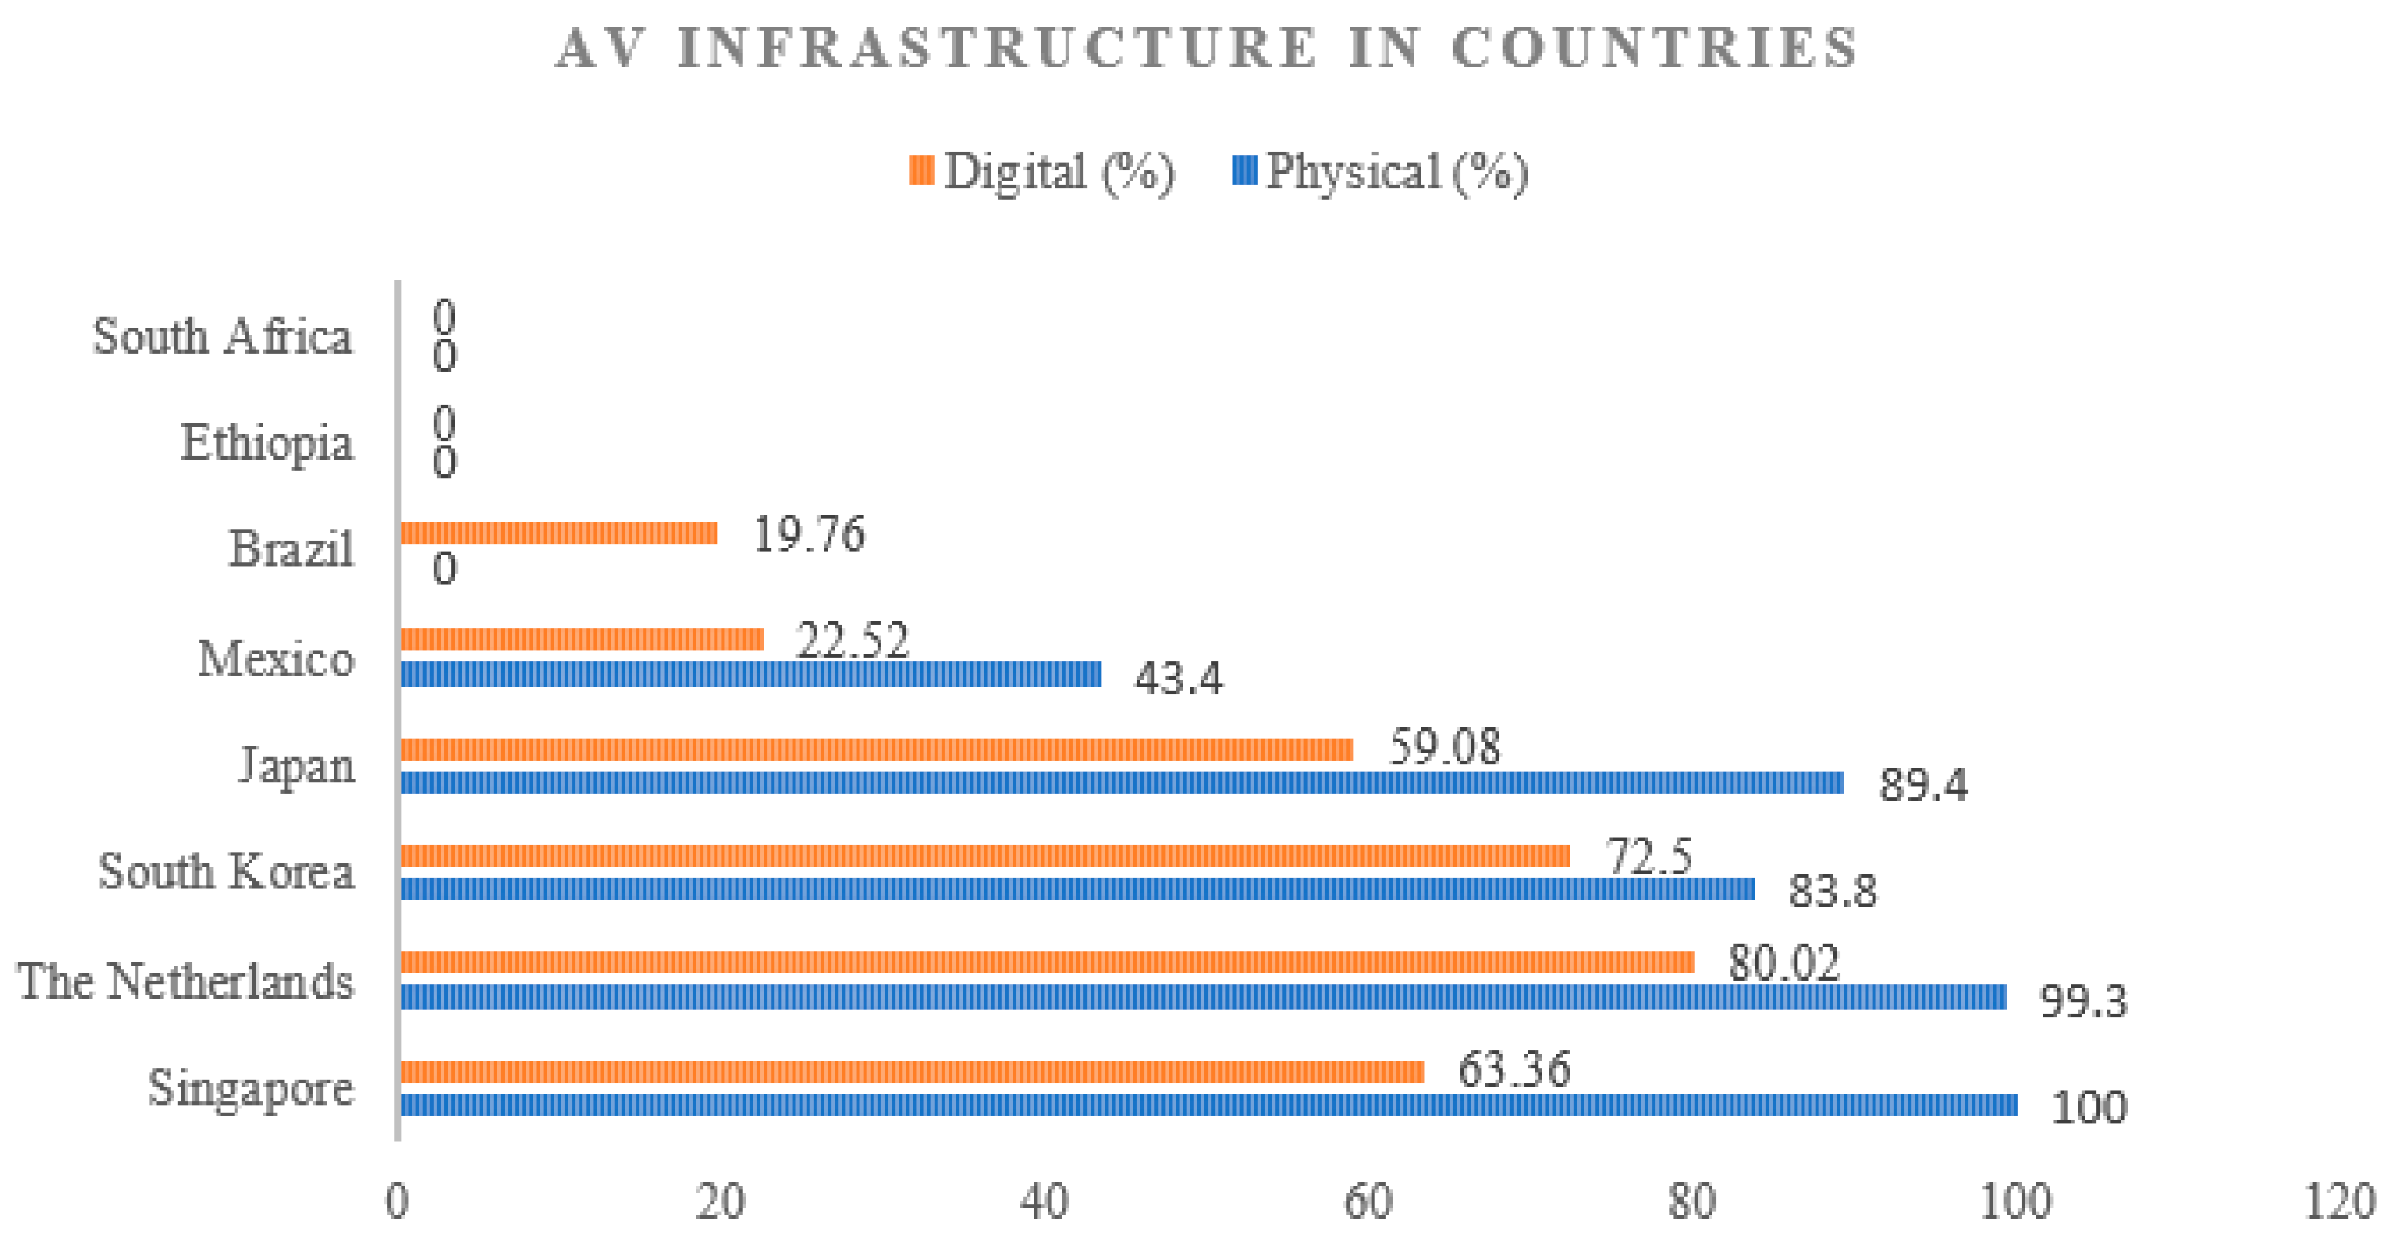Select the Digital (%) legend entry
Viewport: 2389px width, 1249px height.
tap(1043, 172)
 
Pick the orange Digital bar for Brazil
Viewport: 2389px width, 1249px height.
tap(559, 533)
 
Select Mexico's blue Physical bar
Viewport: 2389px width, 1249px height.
tap(750, 673)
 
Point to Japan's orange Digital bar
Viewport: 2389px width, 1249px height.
tap(876, 749)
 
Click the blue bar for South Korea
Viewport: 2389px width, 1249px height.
tap(1076, 888)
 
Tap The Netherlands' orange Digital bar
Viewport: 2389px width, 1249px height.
tap(1047, 962)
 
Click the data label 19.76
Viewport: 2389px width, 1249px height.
tap(809, 534)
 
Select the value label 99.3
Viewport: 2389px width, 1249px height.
tap(2083, 1000)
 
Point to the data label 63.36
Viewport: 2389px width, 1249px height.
tap(1514, 1069)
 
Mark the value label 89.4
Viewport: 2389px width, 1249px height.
tap(1922, 785)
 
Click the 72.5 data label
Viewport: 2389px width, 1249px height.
tap(1649, 855)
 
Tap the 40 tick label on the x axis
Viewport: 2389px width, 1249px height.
tap(1044, 1203)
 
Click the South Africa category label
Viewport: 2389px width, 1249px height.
tap(223, 336)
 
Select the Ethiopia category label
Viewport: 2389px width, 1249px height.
tap(267, 443)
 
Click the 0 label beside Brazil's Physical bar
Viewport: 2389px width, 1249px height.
tap(444, 569)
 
